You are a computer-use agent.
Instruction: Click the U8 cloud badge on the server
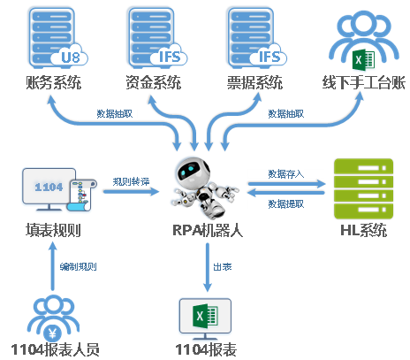(70, 56)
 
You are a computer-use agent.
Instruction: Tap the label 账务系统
(54, 82)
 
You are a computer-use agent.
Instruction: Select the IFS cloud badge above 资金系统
(169, 56)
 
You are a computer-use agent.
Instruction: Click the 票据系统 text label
(255, 82)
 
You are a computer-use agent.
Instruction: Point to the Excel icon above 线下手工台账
(363, 60)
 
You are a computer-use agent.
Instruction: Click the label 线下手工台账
(363, 82)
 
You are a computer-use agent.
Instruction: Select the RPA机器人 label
(208, 230)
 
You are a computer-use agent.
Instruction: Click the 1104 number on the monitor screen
(49, 187)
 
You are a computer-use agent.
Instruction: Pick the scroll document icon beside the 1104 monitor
(81, 195)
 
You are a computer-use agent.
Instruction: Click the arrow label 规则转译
(131, 181)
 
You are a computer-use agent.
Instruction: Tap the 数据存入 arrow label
(285, 174)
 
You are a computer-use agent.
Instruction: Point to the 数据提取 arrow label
(285, 203)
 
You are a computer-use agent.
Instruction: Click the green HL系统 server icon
(363, 188)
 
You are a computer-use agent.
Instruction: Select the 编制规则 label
(78, 267)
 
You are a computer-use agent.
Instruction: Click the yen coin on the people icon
(53, 333)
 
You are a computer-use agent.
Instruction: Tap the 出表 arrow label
(223, 267)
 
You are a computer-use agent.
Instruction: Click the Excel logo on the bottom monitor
(205, 316)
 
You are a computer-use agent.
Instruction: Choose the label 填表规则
(53, 230)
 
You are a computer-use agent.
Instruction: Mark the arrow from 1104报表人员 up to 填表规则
(53, 266)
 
